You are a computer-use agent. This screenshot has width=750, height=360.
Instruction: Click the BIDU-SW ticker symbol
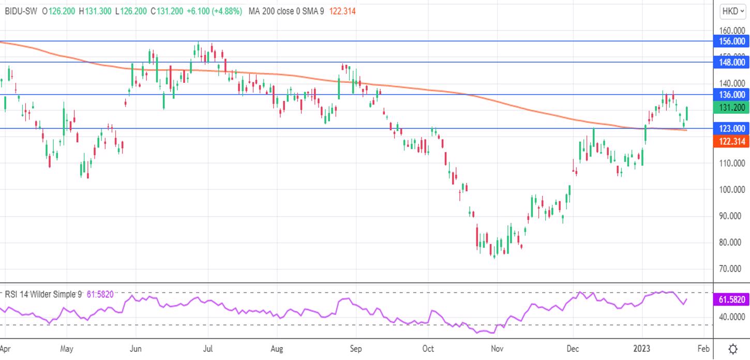pos(21,11)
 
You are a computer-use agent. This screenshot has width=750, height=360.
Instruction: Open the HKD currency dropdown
pos(732,11)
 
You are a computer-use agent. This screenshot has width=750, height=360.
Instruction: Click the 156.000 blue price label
pos(731,41)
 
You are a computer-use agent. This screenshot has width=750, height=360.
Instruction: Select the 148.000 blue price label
pos(731,62)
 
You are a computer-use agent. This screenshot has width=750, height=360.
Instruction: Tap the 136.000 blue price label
pos(731,95)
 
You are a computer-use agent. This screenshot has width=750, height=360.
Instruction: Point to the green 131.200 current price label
pos(731,108)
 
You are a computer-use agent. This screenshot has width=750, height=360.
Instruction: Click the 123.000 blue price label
pos(731,128)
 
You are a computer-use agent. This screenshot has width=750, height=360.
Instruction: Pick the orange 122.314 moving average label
pos(731,141)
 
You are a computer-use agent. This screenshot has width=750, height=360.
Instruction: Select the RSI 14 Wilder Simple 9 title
pos(43,294)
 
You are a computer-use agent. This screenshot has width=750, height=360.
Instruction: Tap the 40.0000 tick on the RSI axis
pos(731,317)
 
